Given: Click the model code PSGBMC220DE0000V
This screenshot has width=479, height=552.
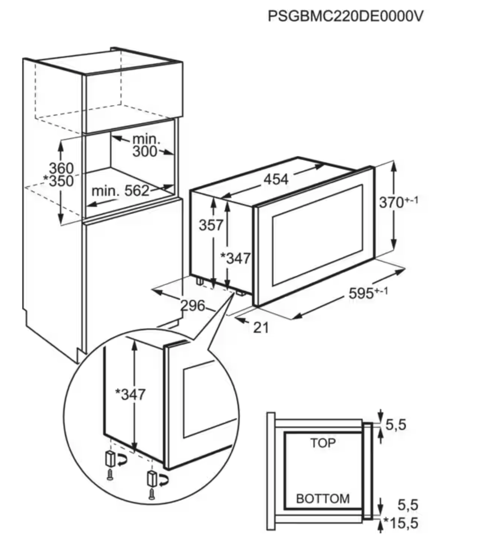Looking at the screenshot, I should coord(345,16).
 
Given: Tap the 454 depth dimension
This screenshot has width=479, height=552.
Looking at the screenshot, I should coord(276,179).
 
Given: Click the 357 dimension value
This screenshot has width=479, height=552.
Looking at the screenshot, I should coord(211,225).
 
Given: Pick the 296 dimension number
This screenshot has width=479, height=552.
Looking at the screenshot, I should coord(193,305).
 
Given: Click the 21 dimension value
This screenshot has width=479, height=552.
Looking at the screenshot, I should coord(261,327).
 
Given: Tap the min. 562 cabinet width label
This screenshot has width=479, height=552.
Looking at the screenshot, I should coord(120,191).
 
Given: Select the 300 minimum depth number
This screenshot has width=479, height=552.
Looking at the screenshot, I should coord(145,152).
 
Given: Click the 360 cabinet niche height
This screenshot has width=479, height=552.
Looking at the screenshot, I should coord(61,168).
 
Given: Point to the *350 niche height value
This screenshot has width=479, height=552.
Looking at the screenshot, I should coord(59,181).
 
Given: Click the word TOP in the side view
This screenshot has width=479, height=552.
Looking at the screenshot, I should coord(323,443).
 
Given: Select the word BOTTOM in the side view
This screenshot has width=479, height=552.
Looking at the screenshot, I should coord(323,499).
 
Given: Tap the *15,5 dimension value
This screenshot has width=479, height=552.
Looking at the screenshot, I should coord(401,523).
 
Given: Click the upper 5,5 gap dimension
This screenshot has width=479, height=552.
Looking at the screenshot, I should coord(396,425).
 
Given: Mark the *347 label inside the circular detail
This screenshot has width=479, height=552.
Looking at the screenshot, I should coord(130,394).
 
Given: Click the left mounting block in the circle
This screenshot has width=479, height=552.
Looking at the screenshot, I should coord(110,458).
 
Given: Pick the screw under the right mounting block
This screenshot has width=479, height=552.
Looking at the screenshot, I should coord(151,494).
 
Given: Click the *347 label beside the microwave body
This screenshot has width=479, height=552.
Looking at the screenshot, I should coord(235,258).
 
